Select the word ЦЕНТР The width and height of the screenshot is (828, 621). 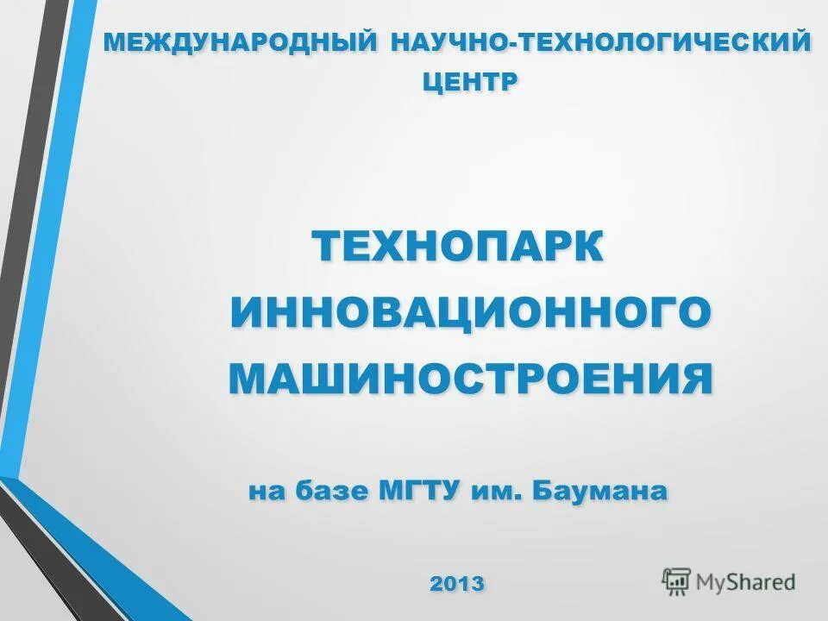[x=470, y=82]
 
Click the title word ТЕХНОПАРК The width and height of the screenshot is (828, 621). [x=457, y=247]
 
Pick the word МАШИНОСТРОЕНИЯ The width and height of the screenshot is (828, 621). [x=471, y=379]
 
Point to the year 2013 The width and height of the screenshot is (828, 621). [x=457, y=583]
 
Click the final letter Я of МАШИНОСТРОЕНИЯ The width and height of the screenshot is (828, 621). [x=696, y=379]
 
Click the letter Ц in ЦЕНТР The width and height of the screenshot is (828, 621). [x=432, y=83]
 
